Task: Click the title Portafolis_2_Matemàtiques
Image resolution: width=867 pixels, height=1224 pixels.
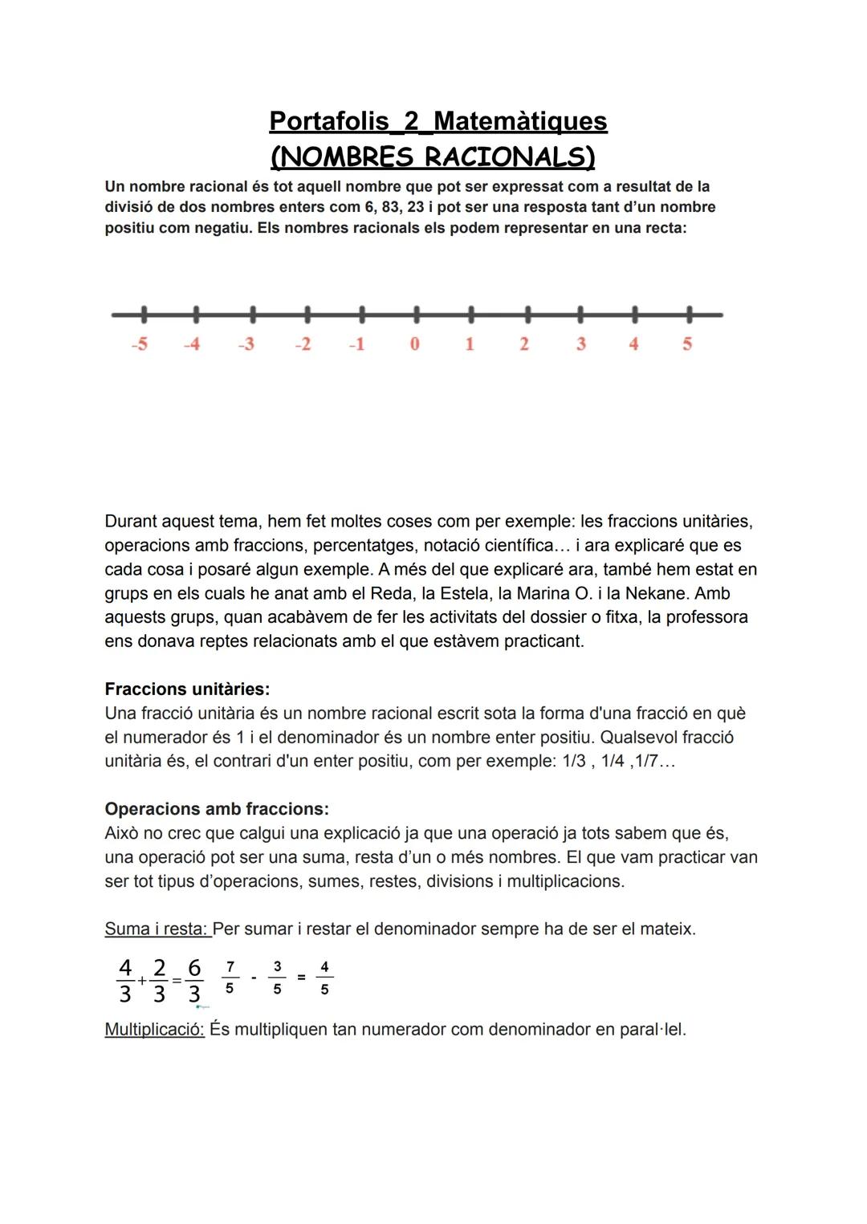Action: (438, 121)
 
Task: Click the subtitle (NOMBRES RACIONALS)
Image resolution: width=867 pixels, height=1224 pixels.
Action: (433, 157)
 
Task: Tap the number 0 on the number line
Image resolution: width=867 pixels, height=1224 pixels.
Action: (414, 344)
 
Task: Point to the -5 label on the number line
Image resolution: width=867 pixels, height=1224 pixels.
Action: (140, 344)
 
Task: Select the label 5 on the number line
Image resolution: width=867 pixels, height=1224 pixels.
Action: (687, 344)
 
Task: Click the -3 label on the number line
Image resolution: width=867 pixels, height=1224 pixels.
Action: (246, 344)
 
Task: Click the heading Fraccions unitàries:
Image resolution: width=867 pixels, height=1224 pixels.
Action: (187, 689)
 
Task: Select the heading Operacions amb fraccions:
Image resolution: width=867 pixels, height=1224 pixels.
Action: (217, 809)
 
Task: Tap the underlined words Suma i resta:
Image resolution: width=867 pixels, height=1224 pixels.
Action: (157, 929)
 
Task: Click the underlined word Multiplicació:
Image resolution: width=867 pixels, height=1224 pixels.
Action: (154, 1030)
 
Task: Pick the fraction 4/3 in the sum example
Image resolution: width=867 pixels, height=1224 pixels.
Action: (125, 981)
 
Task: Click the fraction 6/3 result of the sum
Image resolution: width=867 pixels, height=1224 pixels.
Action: (194, 981)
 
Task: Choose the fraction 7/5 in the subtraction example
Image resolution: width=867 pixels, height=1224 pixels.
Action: (230, 978)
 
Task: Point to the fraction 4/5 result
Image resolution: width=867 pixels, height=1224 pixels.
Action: (324, 978)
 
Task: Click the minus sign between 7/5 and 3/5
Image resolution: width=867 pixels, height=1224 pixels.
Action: (254, 978)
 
